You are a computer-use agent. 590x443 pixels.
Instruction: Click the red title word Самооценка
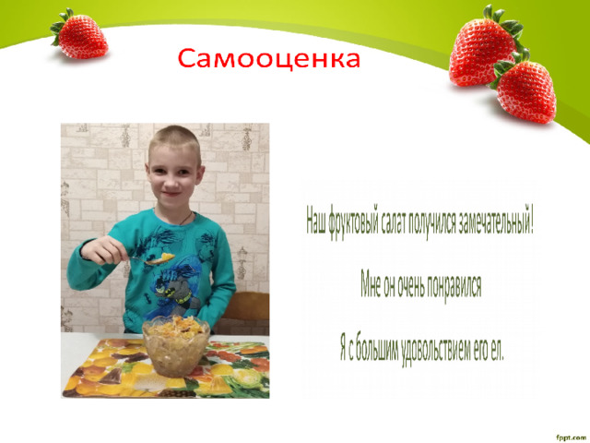tap(268, 59)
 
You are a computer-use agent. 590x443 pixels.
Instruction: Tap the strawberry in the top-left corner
tap(79, 35)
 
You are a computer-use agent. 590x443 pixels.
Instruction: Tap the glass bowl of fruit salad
tap(176, 346)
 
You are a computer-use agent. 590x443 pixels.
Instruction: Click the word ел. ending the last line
tap(498, 351)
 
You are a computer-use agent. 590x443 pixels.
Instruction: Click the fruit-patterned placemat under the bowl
tap(166, 368)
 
